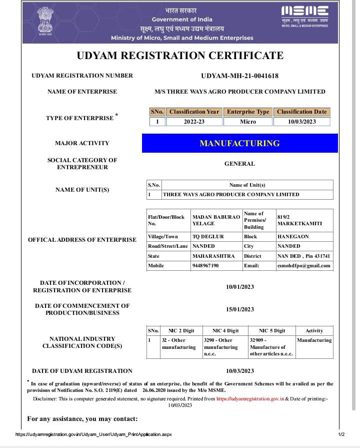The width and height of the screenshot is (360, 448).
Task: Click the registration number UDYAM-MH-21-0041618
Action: point(239,76)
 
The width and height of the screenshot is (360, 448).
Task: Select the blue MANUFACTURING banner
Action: point(239,143)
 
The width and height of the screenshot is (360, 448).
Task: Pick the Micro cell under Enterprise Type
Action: point(247,122)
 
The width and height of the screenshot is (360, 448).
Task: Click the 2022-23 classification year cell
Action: point(194,122)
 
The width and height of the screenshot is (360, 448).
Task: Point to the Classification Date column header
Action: point(301,112)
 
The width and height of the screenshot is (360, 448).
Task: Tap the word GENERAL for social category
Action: point(239,164)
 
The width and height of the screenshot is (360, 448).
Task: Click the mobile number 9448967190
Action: point(205,265)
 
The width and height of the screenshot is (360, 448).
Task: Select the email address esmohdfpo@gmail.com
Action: point(304,265)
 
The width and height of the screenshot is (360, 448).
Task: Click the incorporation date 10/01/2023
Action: point(239,287)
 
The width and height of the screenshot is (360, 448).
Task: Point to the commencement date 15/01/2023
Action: point(239,309)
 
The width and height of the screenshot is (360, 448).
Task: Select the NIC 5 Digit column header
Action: point(272,331)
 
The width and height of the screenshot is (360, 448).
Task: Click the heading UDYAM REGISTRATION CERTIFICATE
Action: point(180,56)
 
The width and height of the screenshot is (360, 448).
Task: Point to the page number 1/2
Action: point(341,434)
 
